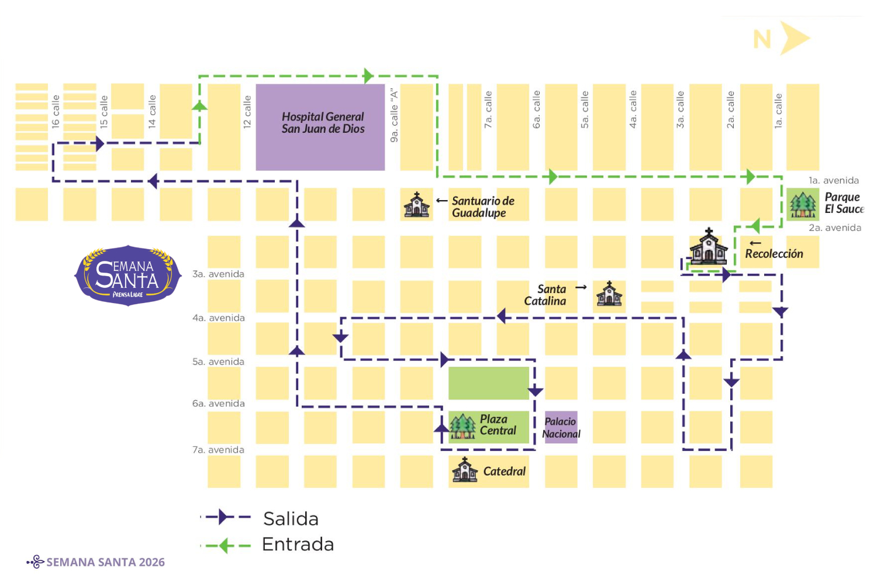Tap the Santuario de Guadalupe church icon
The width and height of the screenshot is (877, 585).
pos(417,205)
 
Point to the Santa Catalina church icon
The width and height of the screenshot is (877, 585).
pos(609,294)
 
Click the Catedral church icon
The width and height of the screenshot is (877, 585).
pos(465,470)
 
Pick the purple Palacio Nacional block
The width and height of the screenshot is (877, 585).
pos(561,427)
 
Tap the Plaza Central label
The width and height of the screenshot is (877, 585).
pos(498,425)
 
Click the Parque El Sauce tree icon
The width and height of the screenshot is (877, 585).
pos(803,205)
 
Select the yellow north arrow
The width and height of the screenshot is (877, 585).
pos(793,39)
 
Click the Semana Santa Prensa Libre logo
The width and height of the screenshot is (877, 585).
pos(128,275)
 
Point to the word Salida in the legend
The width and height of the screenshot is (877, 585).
pos(291,519)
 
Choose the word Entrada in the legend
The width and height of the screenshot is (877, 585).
pos(298,545)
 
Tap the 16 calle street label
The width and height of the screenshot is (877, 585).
pos(56,111)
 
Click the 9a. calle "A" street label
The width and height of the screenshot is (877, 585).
pos(394,115)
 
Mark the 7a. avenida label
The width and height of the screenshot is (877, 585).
pos(218,450)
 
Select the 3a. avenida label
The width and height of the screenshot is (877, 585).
pos(218,274)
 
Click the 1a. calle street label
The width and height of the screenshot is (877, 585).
pos(778,111)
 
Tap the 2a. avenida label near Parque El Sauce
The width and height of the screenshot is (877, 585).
pos(835,228)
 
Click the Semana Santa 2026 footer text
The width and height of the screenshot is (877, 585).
pos(105,562)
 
